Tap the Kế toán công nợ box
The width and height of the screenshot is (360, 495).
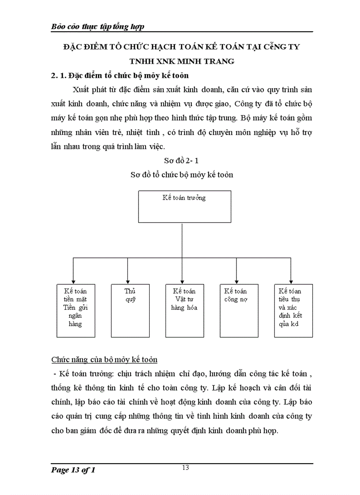coord(238,310)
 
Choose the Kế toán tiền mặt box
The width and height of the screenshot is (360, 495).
coord(75,310)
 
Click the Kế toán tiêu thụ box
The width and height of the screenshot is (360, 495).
coord(293,310)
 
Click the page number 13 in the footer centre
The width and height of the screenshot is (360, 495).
coord(185,468)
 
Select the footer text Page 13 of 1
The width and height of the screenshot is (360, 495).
coord(73,470)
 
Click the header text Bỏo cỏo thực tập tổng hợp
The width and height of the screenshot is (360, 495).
coord(98,27)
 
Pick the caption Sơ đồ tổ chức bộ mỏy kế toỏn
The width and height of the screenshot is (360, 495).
coord(182,175)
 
